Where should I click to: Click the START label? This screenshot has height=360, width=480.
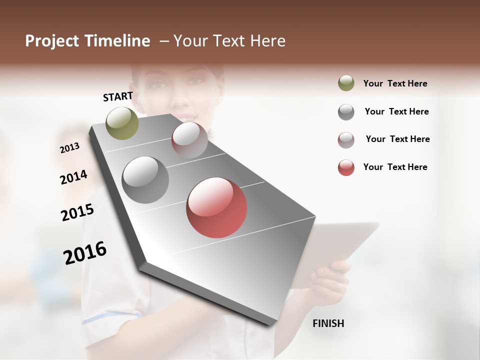[118, 96]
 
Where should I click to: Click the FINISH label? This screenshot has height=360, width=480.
[328, 323]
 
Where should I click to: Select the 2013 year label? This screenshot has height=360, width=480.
[69, 147]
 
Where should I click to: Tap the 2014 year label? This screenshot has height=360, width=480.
[73, 177]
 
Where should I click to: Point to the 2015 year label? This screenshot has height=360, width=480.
[77, 212]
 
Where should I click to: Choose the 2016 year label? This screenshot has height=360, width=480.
[85, 253]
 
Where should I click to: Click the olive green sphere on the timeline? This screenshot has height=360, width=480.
[122, 123]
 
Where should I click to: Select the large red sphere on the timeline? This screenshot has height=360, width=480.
[216, 207]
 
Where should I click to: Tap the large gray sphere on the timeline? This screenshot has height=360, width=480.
[145, 179]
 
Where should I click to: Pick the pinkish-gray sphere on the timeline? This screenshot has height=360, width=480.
[189, 140]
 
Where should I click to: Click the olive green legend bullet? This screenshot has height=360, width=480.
[346, 83]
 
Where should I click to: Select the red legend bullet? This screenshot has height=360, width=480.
[346, 167]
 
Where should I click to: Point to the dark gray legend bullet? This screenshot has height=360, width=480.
[346, 112]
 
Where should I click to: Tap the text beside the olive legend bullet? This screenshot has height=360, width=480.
[395, 83]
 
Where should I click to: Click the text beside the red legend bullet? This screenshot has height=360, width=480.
[395, 167]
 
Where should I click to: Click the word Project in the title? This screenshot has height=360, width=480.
[52, 41]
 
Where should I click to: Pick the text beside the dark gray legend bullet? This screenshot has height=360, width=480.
[396, 111]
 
